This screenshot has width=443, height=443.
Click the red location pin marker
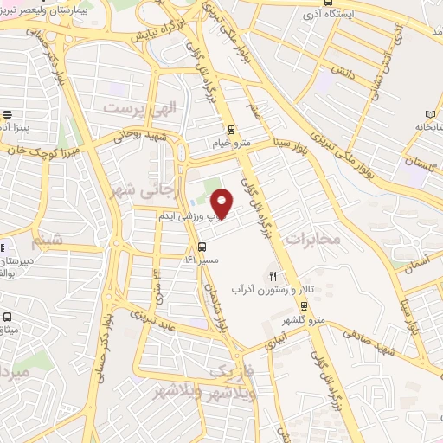pyautogui.click(x=223, y=202)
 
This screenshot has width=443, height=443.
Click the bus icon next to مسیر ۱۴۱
pyautogui.click(x=202, y=245)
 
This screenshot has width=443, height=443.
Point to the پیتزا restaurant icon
pyautogui.click(x=8, y=113)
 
